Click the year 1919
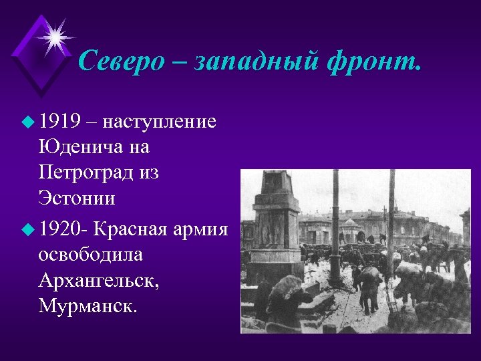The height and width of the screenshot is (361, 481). (59, 122)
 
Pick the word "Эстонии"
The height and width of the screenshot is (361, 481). (77, 199)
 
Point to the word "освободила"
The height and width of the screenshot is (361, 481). (91, 255)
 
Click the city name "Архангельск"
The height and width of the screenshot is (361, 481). (99, 281)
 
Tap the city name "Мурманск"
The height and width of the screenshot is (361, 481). (86, 307)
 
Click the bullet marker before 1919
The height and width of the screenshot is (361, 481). (26, 123)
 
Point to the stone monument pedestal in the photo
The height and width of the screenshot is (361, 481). (273, 221)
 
